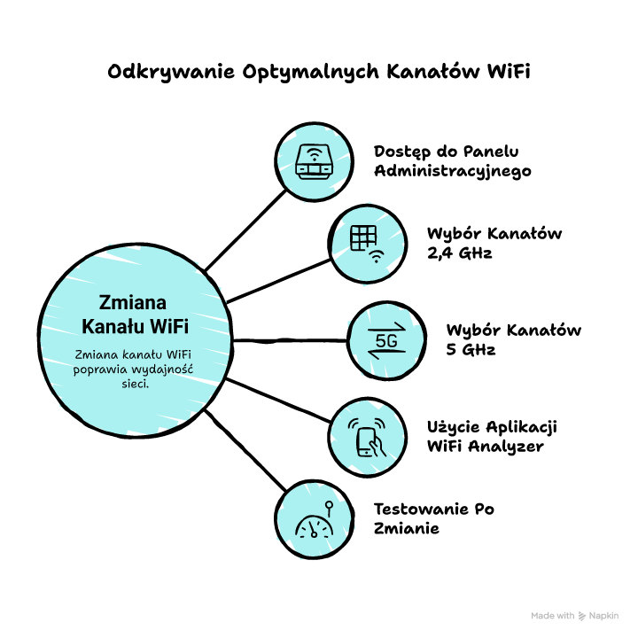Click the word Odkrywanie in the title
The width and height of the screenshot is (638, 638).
pyautogui.click(x=171, y=73)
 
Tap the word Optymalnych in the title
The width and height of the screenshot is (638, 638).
pyautogui.click(x=311, y=73)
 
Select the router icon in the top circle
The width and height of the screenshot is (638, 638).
pyautogui.click(x=314, y=161)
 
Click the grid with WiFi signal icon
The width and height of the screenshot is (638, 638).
pyautogui.click(x=367, y=244)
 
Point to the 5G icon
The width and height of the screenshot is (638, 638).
pyautogui.click(x=386, y=340)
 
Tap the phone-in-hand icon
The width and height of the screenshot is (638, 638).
pyautogui.click(x=367, y=437)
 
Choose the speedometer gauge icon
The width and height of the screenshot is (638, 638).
pyautogui.click(x=315, y=520)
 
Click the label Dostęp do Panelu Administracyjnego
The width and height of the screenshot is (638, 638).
pyautogui.click(x=453, y=161)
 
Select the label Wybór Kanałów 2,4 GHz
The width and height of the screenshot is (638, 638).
pyautogui.click(x=494, y=243)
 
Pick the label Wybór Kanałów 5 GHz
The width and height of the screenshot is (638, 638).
pyautogui.click(x=513, y=339)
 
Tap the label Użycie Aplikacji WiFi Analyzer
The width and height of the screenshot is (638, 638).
pyautogui.click(x=492, y=437)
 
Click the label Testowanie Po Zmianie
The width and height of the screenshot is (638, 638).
pyautogui.click(x=433, y=518)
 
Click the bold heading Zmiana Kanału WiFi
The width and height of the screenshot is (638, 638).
pyautogui.click(x=135, y=314)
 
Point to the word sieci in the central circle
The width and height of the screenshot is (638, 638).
pyautogui.click(x=135, y=384)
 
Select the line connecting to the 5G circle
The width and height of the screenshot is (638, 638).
pyautogui.click(x=290, y=340)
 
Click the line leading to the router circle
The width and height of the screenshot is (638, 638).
pyautogui.click(x=245, y=230)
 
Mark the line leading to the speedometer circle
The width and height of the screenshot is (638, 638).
pyautogui.click(x=245, y=450)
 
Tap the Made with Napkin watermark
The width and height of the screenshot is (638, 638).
pyautogui.click(x=574, y=616)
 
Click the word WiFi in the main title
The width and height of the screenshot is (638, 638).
pyautogui.click(x=509, y=72)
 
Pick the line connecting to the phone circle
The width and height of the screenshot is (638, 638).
pyautogui.click(x=278, y=400)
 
